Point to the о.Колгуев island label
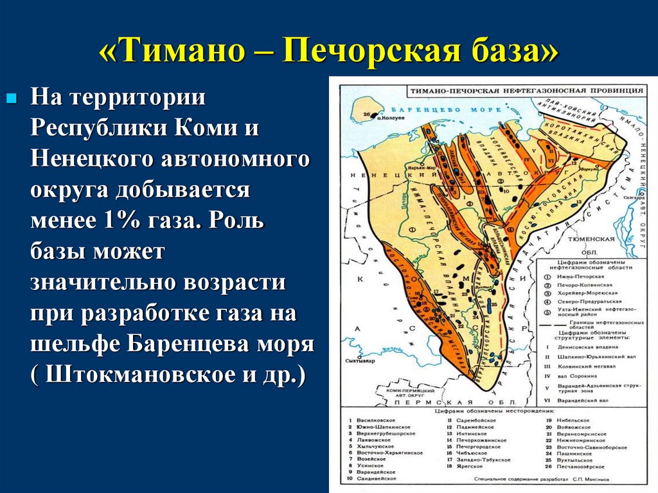pyautogui.click(x=389, y=118)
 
